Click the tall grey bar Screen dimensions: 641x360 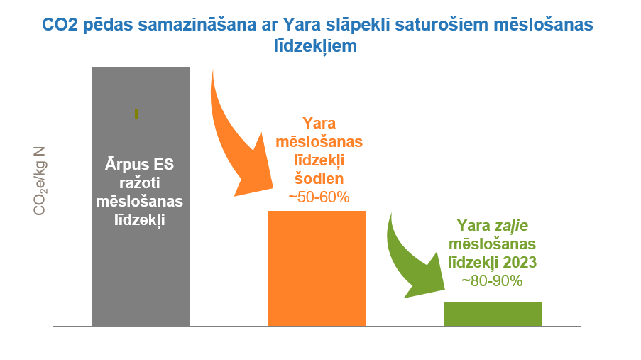pyautogui.click(x=141, y=197)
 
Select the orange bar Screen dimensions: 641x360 pyautogui.click(x=317, y=268)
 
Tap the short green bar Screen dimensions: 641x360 pyautogui.click(x=493, y=314)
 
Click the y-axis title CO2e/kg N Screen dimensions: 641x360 pyautogui.click(x=40, y=181)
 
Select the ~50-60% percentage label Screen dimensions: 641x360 pyautogui.click(x=319, y=197)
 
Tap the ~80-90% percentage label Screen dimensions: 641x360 pyautogui.click(x=492, y=281)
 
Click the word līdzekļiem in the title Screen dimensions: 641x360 pyautogui.click(x=315, y=46)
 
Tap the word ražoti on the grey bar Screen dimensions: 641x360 pyautogui.click(x=139, y=183)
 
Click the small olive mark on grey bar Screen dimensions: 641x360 pyautogui.click(x=136, y=114)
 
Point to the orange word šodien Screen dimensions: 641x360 pyautogui.click(x=319, y=178)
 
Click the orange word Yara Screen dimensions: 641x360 pyautogui.click(x=319, y=123)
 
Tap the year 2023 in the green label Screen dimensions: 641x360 pyautogui.click(x=520, y=262)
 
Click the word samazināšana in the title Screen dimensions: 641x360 pyautogui.click(x=197, y=25)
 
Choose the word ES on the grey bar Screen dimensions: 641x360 pyautogui.click(x=163, y=165)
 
